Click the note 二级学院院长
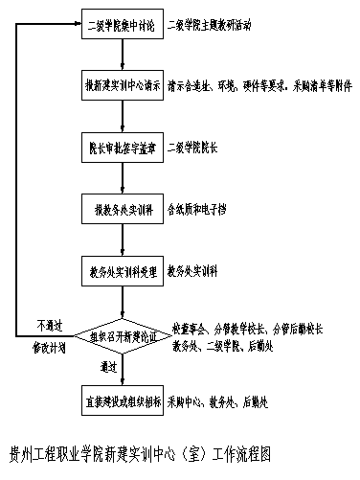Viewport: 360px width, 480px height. (191, 148)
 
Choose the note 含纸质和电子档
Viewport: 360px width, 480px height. (196, 208)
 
